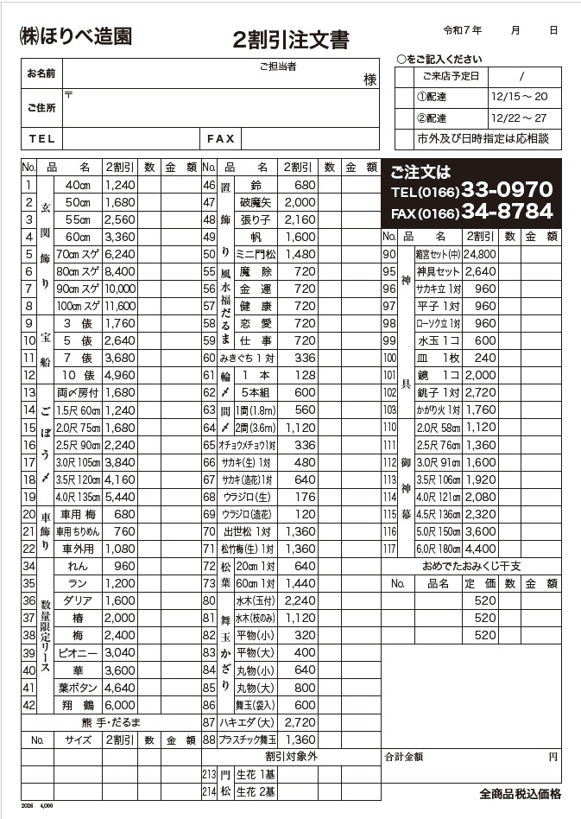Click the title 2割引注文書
pos(291,40)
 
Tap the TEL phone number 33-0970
pos(507,190)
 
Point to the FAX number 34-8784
pos(507,212)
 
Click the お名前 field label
pos(41,73)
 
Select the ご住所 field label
pos(41,108)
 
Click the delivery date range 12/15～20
pos(518,97)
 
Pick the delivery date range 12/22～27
pos(518,117)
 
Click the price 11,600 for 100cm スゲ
pos(120,306)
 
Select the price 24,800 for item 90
pos(479,254)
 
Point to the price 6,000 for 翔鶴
pos(120,705)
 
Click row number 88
pos(208,740)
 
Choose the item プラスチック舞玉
pos(249,740)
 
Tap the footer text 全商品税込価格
pos(520,794)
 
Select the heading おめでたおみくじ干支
pos(471,565)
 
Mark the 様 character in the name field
pos(369,79)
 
